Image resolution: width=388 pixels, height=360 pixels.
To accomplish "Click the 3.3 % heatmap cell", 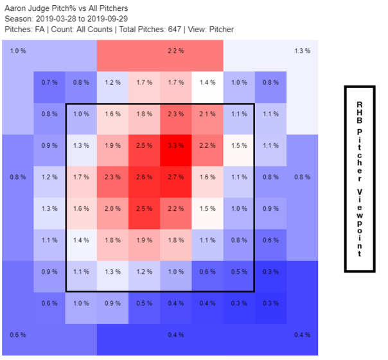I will pyautogui.click(x=176, y=145).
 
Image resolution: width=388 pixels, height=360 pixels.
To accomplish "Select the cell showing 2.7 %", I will pyautogui.click(x=176, y=177).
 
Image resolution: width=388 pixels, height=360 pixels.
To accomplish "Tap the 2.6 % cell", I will pyautogui.click(x=145, y=177).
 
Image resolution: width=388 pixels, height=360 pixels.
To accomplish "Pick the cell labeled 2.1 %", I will pyautogui.click(x=207, y=114).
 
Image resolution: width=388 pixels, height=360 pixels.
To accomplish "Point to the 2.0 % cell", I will pyautogui.click(x=113, y=208).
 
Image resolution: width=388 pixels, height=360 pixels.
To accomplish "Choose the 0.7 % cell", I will pyautogui.click(x=49, y=82).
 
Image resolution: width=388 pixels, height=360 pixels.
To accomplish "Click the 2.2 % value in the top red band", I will pyautogui.click(x=175, y=51).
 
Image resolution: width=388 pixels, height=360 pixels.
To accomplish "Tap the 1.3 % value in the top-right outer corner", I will pyautogui.click(x=302, y=51).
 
